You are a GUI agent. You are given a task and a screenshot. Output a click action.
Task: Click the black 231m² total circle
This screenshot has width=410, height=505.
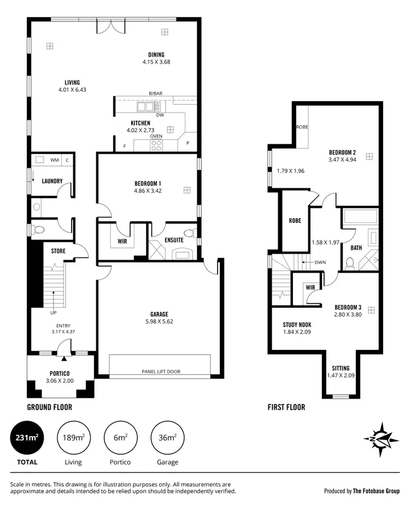pyautogui.click(x=26, y=438)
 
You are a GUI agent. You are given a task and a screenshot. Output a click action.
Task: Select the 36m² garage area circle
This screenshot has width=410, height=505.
pyautogui.click(x=167, y=438)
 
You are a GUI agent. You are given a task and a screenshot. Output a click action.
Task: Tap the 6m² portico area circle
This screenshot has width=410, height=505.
pyautogui.click(x=120, y=438)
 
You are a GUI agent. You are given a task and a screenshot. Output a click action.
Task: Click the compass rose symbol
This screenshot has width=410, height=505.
pyautogui.click(x=378, y=438)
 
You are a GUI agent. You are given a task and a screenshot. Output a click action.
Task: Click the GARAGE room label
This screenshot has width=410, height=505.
pyautogui.click(x=159, y=314)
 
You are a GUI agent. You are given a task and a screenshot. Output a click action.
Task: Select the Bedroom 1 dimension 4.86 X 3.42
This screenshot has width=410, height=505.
pyautogui.click(x=148, y=191)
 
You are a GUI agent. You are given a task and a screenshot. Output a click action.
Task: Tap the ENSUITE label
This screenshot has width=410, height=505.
pyautogui.click(x=174, y=240)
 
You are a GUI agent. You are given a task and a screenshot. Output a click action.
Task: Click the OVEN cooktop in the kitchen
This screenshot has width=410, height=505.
pyautogui.click(x=156, y=145)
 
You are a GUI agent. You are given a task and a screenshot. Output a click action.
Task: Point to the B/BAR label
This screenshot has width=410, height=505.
pyautogui.click(x=156, y=94)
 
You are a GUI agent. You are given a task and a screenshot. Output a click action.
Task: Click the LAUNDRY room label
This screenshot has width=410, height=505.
pyautogui.click(x=52, y=181)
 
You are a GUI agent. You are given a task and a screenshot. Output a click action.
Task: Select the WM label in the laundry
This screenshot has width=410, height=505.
pyautogui.click(x=54, y=160)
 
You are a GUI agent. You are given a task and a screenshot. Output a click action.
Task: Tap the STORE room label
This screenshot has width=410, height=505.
pyautogui.click(x=58, y=251)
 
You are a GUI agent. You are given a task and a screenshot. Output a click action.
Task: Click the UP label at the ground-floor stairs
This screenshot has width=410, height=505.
pyautogui.click(x=53, y=313)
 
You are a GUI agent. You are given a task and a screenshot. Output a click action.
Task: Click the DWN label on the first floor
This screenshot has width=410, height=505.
pyautogui.click(x=320, y=262)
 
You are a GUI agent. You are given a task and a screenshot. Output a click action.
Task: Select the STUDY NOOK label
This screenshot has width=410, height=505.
pyautogui.click(x=297, y=324)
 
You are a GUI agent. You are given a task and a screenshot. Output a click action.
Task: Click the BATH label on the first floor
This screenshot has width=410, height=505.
pyautogui.click(x=356, y=248)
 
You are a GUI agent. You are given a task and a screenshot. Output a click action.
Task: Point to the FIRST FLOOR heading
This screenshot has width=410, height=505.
pyautogui.click(x=286, y=407)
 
